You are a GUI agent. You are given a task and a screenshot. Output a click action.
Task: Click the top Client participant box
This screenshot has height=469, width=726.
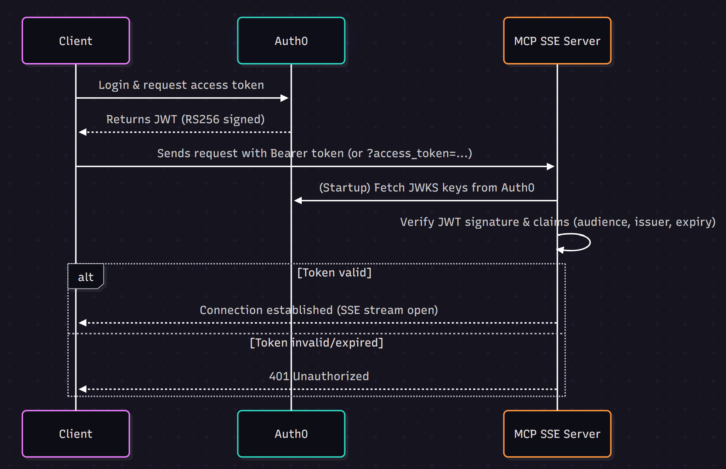(x=76, y=41)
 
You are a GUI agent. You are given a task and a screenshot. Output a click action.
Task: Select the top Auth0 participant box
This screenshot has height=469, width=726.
(x=291, y=41)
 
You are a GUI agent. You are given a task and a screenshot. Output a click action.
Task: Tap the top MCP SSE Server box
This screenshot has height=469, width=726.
(x=557, y=41)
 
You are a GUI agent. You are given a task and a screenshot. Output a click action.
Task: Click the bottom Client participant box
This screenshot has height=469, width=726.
(x=76, y=434)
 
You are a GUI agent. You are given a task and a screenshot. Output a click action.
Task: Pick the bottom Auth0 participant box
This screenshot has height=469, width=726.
(x=291, y=434)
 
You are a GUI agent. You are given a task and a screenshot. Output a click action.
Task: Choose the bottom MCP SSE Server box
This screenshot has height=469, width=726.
(x=557, y=434)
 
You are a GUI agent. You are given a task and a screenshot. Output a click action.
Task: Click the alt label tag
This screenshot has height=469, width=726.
(x=86, y=277)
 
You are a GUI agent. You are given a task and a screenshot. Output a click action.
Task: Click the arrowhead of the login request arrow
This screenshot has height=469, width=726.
(x=284, y=98)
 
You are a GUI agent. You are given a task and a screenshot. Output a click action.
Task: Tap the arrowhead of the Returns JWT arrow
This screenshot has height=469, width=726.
(x=83, y=132)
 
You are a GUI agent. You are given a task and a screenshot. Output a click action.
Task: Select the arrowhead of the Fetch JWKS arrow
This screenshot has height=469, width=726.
(x=298, y=201)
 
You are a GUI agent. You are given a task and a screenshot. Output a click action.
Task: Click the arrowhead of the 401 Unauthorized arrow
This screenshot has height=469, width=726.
(x=83, y=389)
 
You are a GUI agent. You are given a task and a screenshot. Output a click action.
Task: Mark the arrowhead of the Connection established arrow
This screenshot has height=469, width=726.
(x=83, y=322)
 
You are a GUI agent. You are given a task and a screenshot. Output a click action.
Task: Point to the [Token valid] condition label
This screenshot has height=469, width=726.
(x=334, y=273)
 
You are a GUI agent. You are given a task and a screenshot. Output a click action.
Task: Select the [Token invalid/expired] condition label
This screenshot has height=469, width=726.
(x=316, y=343)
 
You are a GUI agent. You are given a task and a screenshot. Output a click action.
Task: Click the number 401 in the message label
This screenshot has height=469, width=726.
(x=279, y=376)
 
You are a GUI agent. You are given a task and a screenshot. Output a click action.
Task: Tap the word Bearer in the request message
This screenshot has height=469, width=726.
(x=289, y=153)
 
